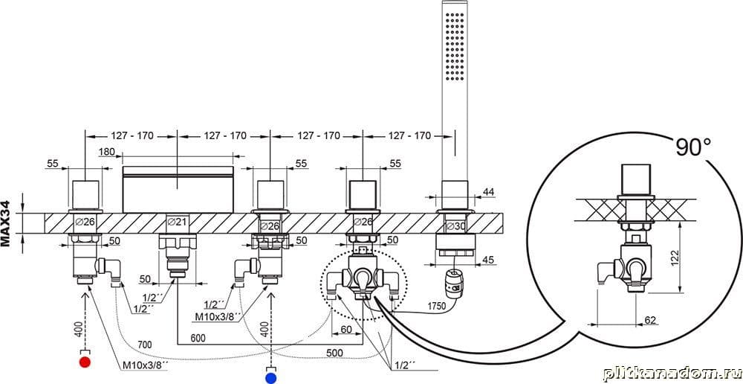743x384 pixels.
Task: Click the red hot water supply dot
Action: (85, 363)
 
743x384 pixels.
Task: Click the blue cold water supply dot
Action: (271, 378)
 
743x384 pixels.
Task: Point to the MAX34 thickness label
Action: (6, 223)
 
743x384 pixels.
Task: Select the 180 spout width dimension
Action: (107, 152)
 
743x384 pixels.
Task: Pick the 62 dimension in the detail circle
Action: (651, 321)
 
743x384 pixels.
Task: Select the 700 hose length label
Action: (145, 345)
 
